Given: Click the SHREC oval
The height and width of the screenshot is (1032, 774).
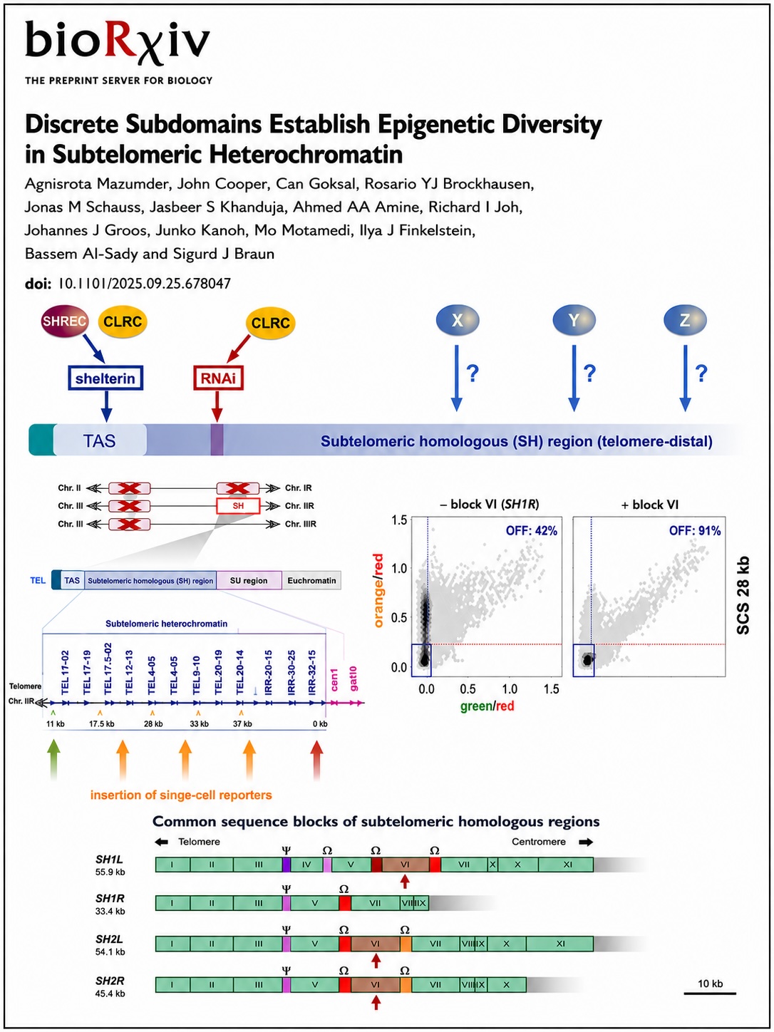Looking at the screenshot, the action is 64,321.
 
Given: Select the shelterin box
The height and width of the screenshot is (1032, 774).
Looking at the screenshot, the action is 105,378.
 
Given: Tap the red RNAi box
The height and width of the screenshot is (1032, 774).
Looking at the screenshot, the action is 218,378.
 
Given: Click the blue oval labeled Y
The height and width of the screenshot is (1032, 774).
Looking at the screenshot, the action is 574,320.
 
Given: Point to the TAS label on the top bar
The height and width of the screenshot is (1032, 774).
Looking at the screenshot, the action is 99,441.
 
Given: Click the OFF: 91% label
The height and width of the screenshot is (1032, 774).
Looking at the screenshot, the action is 695,531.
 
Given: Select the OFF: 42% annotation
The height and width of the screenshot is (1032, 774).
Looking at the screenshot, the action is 532,531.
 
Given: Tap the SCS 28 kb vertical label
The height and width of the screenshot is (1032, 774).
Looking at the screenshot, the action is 743,596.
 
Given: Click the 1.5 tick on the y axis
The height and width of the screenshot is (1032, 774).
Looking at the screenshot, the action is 399,520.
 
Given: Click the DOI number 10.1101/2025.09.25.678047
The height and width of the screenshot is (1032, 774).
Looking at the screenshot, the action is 144,284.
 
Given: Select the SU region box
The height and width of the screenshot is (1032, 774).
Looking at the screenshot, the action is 249,581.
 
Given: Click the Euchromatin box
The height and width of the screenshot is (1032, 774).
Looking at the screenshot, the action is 311,581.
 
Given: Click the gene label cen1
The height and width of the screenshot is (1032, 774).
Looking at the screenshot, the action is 334,680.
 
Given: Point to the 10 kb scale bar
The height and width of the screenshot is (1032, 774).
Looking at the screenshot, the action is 710,994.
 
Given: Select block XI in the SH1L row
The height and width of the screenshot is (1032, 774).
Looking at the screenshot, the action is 567,864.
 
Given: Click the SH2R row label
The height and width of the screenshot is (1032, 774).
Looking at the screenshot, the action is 110,981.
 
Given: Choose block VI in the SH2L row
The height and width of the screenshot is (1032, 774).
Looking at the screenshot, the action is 375,944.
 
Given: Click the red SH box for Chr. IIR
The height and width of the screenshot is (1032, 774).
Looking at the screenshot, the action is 238,506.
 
